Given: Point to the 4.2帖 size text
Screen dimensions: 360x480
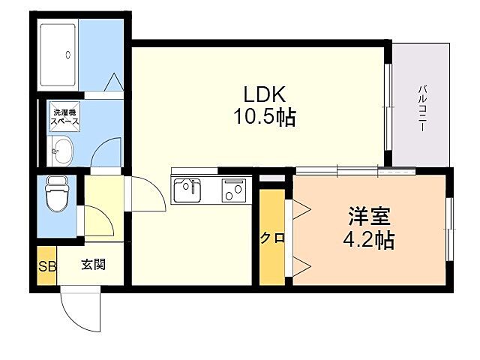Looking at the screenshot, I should click(370, 241).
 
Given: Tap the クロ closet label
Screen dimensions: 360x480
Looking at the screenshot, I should click(272, 238).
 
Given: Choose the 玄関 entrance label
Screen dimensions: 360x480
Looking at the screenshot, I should click(94, 264).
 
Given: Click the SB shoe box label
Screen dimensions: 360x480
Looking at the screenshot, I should click(46, 265).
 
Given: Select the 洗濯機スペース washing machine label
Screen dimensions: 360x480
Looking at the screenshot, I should click(64, 116).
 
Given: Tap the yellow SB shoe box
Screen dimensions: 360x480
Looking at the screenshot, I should click(46, 265).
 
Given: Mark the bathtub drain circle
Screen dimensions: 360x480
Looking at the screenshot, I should click(67, 54).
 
